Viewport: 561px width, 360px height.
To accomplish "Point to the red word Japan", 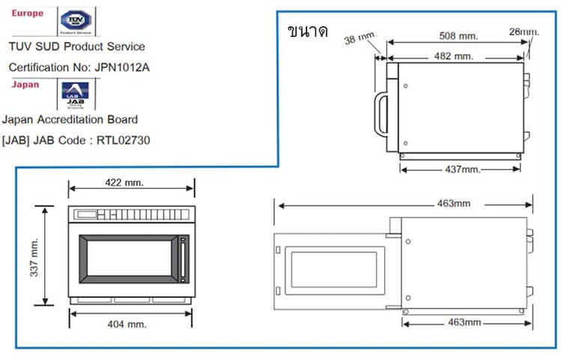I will click(x=25, y=85).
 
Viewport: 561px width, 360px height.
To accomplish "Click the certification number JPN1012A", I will click(x=122, y=67).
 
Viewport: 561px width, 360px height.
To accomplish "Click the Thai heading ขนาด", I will click(x=307, y=32).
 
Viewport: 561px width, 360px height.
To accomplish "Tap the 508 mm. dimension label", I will click(x=458, y=34).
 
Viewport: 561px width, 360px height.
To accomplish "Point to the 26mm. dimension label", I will click(x=524, y=31).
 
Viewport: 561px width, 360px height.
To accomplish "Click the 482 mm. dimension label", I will click(x=453, y=56).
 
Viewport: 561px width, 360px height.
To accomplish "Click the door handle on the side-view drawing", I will click(x=380, y=117).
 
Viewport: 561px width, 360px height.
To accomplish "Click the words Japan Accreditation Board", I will click(x=70, y=119).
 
